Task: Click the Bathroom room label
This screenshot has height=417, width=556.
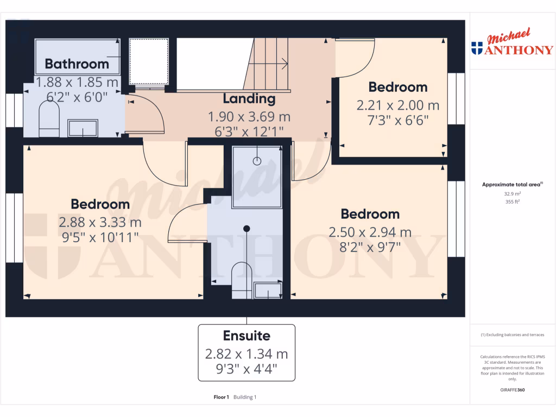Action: pos(77,64)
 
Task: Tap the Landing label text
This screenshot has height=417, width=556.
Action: pos(249,99)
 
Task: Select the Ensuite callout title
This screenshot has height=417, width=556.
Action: pos(247,336)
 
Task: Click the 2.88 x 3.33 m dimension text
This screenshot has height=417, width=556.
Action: pos(100,222)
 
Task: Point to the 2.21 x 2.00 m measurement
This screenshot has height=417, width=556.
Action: pos(398,105)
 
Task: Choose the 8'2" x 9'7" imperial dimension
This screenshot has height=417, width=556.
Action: pos(370,248)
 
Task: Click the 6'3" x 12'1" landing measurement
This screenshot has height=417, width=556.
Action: pos(249,131)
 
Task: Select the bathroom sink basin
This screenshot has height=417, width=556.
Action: pos(82,128)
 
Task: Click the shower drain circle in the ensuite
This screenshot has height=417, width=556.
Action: pos(257,161)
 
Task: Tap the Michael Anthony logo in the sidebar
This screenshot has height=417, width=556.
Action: pos(513,43)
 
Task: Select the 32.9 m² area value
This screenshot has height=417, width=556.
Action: pos(513,193)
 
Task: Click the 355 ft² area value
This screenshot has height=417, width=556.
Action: pos(513,201)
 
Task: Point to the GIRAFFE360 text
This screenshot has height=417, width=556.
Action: pos(513,390)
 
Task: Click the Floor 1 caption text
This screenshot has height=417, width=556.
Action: pos(222,397)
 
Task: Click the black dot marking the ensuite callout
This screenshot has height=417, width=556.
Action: pos(247,228)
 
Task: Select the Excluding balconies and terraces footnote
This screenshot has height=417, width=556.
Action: pos(513,334)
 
